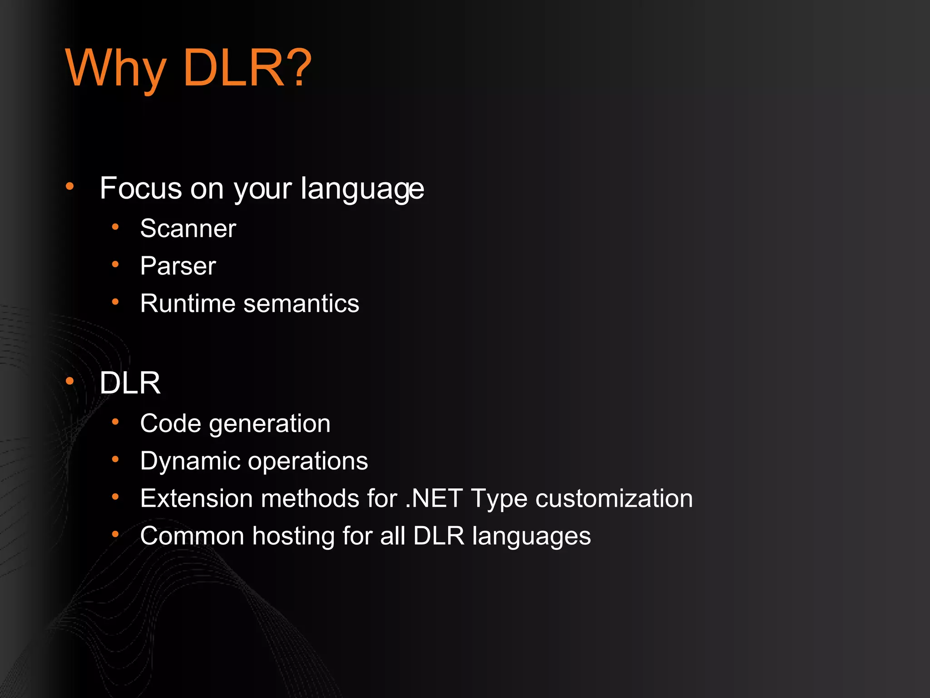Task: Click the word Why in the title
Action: [x=116, y=68]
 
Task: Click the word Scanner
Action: [x=188, y=228]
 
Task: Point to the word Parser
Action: [x=178, y=266]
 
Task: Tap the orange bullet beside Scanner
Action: [x=115, y=226]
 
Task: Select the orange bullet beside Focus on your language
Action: [x=69, y=186]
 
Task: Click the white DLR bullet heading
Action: [x=130, y=383]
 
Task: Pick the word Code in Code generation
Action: [x=170, y=424]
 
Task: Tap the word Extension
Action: [x=197, y=499]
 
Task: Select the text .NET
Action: [x=434, y=499]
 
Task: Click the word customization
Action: [x=614, y=499]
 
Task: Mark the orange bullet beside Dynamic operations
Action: [x=115, y=459]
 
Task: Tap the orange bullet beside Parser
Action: [x=115, y=264]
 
